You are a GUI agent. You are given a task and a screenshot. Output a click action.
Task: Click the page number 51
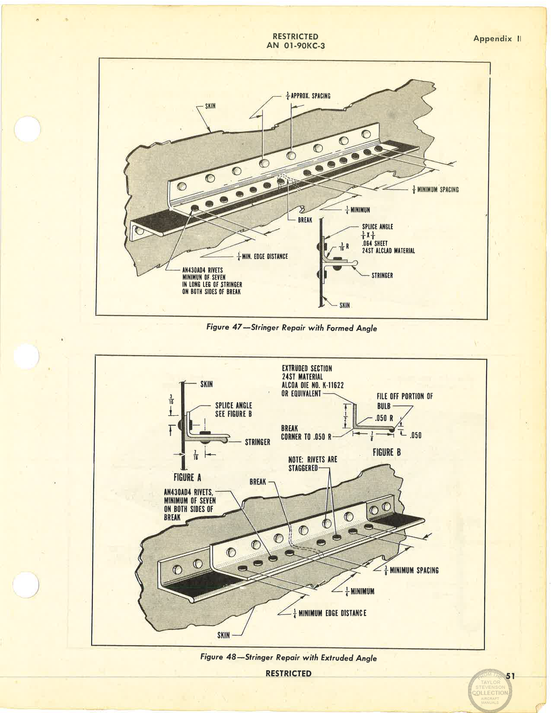coord(510,676)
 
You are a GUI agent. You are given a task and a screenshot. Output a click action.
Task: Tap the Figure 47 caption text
coord(292,328)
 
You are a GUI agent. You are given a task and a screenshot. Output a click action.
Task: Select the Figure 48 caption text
coord(288,658)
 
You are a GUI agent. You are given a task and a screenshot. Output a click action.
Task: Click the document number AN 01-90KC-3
coord(296,45)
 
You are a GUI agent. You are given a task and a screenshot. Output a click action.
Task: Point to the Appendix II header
coord(497,38)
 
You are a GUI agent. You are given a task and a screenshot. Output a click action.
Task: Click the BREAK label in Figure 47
coord(305,220)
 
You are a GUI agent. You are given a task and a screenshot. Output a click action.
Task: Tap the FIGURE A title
coord(187,477)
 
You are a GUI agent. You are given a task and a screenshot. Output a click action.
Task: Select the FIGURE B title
coord(386,452)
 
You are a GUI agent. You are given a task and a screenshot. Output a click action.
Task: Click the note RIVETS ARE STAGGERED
coord(312,464)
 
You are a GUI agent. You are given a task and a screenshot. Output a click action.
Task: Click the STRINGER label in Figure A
coord(257,442)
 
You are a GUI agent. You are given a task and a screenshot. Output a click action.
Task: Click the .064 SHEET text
coord(375,243)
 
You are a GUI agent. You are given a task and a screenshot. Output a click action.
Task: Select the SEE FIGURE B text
coord(233,414)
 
